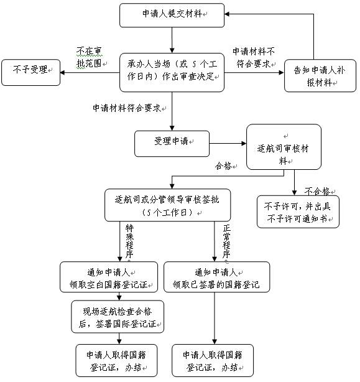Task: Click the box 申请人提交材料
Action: tap(172, 15)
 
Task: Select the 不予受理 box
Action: tap(30, 72)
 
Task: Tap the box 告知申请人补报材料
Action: tap(320, 76)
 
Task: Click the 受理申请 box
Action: tap(172, 144)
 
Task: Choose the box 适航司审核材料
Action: tap(284, 147)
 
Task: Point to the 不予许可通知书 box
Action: tap(298, 212)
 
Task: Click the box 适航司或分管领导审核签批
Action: tap(167, 205)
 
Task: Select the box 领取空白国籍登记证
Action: tap(109, 277)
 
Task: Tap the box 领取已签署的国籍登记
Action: tap(216, 277)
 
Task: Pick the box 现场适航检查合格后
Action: tap(118, 317)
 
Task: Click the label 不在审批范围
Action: tap(90, 57)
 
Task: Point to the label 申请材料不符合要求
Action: tap(254, 58)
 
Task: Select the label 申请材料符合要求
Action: tap(127, 108)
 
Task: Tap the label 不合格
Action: tap(317, 192)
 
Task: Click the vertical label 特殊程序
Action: tap(129, 241)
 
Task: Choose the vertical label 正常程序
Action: tap(226, 241)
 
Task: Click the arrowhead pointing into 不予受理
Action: tap(62, 72)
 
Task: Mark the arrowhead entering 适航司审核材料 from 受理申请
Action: tap(244, 144)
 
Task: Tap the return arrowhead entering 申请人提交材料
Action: tap(227, 14)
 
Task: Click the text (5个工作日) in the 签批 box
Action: tap(167, 213)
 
